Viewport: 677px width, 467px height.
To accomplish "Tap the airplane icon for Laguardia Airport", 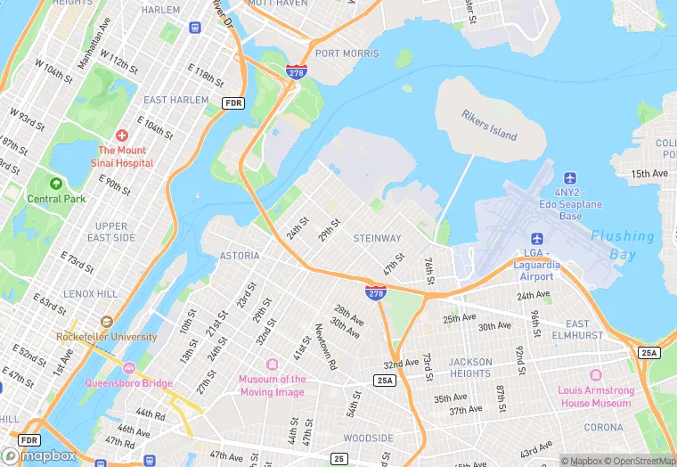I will pos(537,238).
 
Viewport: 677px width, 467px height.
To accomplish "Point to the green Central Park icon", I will pos(56,183).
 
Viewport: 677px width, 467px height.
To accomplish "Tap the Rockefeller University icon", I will pos(107,321).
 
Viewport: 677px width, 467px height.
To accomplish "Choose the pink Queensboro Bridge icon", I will pos(128,368).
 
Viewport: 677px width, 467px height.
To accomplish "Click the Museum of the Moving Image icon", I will pos(272,365).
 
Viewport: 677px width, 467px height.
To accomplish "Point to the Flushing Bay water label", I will pos(622,245).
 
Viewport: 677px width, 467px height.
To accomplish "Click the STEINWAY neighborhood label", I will pos(377,238).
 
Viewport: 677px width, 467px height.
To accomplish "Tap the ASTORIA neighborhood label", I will pos(240,256).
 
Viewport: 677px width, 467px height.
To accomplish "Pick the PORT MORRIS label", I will pos(347,53).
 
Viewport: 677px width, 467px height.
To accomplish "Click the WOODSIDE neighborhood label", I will pos(368,438).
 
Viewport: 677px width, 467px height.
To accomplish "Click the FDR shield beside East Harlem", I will pos(233,103).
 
